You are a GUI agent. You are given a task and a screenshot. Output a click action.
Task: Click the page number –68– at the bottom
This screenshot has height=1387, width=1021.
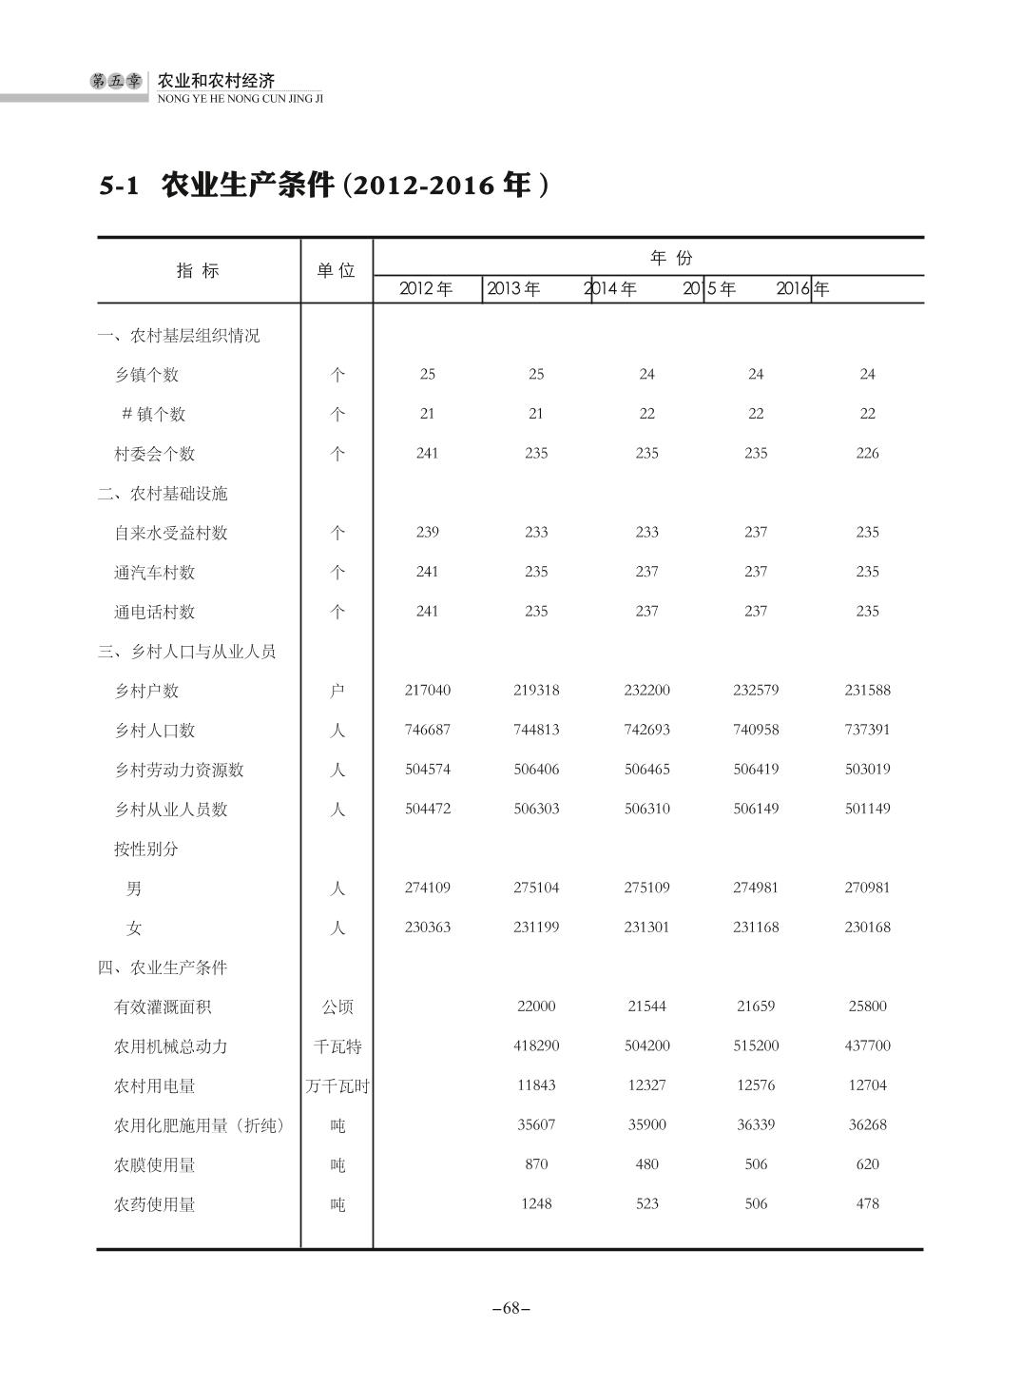pos(510,1308)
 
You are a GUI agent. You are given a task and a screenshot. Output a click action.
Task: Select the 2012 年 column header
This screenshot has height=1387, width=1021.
pos(426,289)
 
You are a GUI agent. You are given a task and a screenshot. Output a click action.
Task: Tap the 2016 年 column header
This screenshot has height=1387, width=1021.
pos(802,289)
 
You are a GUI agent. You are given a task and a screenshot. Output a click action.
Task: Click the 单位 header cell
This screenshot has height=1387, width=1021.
pos(336,271)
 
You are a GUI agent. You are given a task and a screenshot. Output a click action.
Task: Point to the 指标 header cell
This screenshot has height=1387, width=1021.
pos(198,271)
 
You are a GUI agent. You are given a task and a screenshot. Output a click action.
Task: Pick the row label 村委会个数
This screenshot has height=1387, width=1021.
pos(154,454)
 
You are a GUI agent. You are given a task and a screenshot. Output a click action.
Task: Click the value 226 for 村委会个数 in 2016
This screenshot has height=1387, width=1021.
pos(867,454)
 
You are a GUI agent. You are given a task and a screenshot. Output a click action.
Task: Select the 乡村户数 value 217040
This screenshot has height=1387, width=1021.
pos(428,691)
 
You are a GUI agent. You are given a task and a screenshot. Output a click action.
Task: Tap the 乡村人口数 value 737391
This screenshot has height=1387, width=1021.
pos(867,730)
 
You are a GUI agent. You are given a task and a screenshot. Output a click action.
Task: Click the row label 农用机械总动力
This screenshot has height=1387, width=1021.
pos(170,1046)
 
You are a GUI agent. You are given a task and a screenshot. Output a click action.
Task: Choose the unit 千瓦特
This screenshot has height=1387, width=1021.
pos(337,1046)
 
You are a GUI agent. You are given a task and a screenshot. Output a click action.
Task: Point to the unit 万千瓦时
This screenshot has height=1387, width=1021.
pos(337,1086)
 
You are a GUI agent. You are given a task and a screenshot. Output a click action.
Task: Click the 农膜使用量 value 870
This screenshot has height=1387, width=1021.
pos(536,1164)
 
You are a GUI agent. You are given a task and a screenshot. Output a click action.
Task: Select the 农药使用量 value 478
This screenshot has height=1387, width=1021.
pos(867,1204)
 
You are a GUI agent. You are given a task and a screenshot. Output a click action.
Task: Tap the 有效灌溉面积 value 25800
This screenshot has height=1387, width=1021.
pos(867,1006)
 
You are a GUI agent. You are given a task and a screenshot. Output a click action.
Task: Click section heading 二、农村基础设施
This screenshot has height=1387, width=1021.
pos(163,494)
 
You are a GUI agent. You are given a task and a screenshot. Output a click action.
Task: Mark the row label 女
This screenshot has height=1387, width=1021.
pos(134,928)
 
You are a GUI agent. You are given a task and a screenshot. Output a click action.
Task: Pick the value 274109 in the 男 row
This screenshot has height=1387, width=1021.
pos(428,888)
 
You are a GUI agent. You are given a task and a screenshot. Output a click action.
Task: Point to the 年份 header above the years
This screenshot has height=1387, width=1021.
pos(671,258)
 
